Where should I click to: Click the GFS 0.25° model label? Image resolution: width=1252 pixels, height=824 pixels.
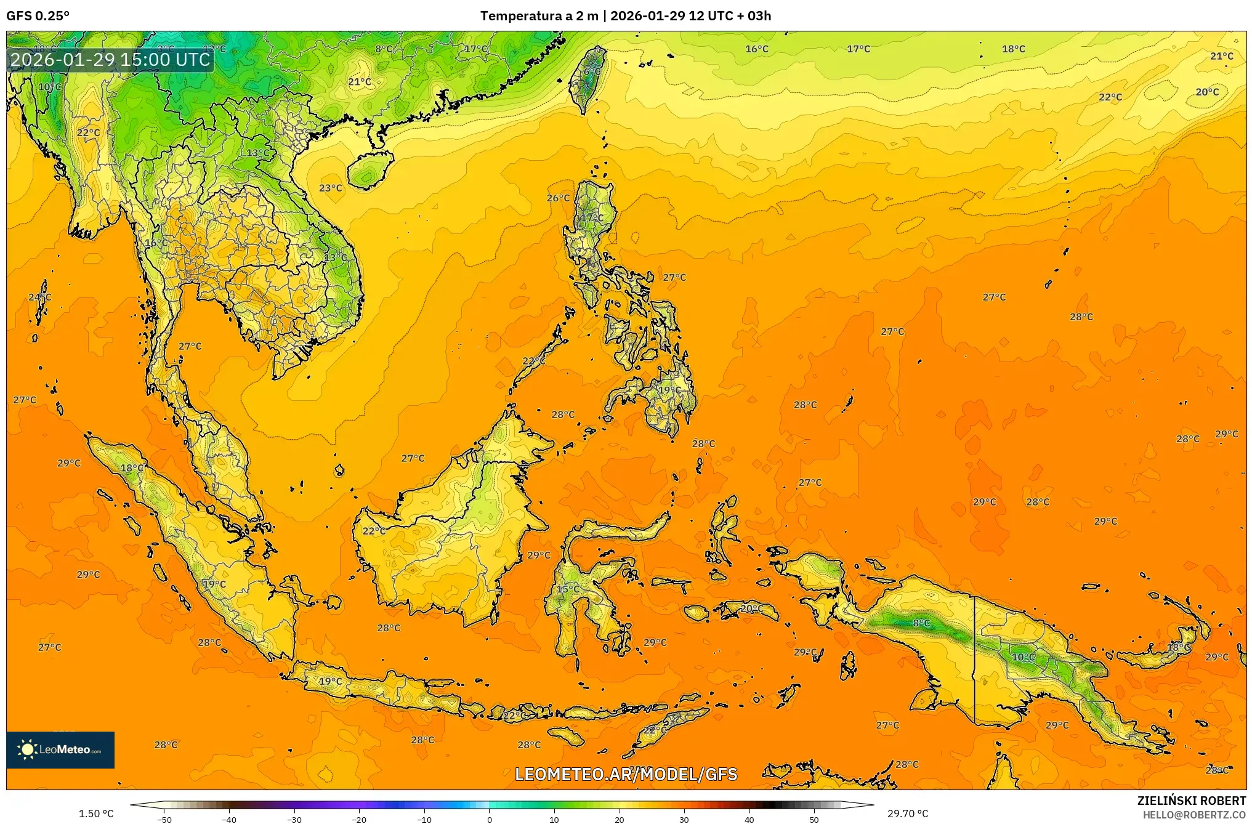click(38, 16)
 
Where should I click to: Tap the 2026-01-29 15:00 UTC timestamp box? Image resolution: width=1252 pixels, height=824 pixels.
click(110, 60)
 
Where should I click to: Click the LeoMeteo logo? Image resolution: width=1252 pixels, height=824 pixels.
click(60, 749)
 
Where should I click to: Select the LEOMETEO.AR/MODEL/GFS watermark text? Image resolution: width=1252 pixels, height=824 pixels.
click(626, 774)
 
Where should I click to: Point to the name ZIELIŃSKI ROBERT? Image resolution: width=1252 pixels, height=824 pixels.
click(1191, 801)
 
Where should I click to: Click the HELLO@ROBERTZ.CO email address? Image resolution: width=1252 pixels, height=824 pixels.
click(1194, 815)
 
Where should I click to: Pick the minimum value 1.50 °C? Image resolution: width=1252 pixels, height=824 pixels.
click(96, 814)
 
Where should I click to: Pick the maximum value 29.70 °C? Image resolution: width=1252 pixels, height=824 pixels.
click(907, 814)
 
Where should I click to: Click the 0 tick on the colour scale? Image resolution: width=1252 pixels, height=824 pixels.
click(490, 819)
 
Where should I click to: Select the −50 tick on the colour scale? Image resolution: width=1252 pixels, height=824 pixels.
click(164, 819)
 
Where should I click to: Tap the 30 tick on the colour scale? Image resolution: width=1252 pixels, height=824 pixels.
click(684, 819)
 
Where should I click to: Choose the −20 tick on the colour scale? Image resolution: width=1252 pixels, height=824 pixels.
click(359, 819)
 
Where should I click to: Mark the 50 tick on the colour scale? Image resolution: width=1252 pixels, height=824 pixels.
click(814, 819)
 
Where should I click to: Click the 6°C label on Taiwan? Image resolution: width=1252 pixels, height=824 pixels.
click(592, 72)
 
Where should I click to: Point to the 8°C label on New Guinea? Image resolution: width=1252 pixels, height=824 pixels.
click(921, 623)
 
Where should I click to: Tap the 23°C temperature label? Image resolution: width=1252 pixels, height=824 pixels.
click(331, 188)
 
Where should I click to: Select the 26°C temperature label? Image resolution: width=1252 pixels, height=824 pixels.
click(559, 198)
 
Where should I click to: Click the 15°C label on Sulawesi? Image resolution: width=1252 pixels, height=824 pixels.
click(568, 589)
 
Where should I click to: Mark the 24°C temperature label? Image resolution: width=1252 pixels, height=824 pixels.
click(40, 297)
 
